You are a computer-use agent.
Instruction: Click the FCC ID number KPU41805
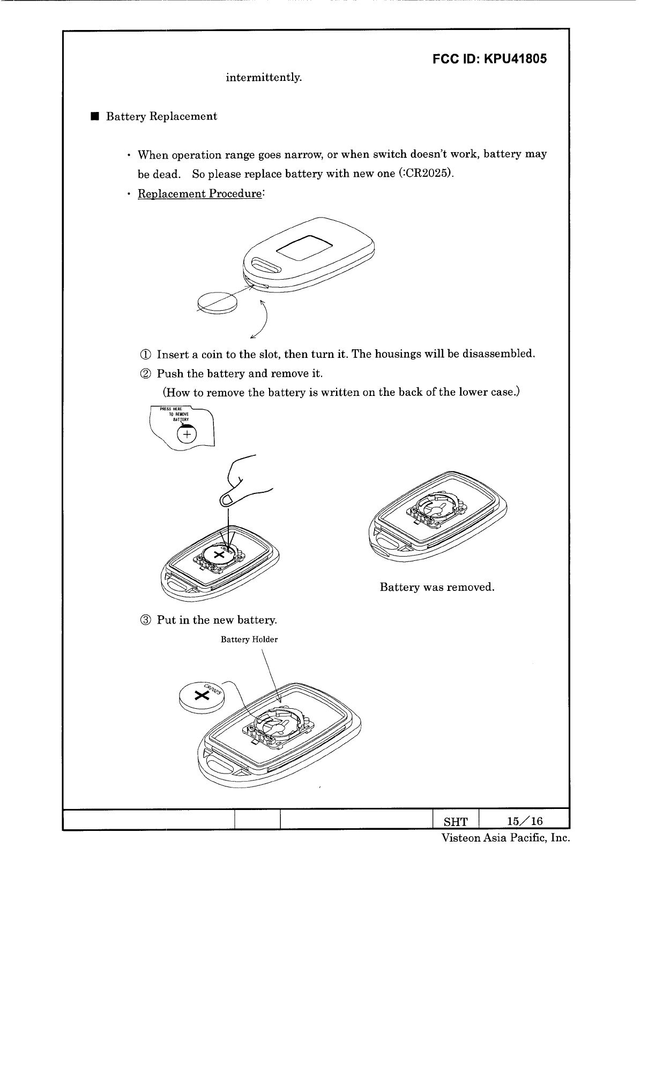(515, 59)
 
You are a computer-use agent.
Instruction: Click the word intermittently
(264, 78)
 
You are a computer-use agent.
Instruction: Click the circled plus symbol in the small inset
(186, 434)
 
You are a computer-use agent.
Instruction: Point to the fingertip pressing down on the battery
(227, 500)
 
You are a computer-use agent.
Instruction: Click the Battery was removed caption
(436, 587)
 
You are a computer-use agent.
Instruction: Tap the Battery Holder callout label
(249, 640)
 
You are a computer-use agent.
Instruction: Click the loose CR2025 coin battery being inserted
(202, 696)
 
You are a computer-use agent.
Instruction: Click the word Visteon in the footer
(460, 838)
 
